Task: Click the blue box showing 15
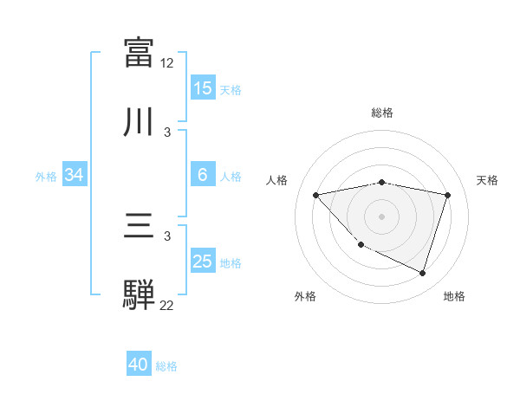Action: click(203, 88)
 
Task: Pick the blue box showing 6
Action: click(203, 175)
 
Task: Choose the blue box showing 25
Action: click(203, 262)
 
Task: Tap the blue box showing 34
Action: click(75, 175)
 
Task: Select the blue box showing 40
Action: click(139, 365)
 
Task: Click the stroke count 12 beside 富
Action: click(167, 63)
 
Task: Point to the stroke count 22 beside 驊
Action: click(167, 306)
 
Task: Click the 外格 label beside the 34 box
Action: click(46, 176)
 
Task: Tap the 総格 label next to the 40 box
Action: click(167, 365)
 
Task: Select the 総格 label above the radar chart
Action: click(382, 113)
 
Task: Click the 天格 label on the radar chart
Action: click(488, 180)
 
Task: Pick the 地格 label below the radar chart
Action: click(454, 297)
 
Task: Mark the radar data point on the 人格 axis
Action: click(316, 195)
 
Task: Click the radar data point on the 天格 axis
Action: click(448, 195)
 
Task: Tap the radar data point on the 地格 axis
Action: click(423, 274)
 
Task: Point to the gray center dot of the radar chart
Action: click(382, 216)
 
